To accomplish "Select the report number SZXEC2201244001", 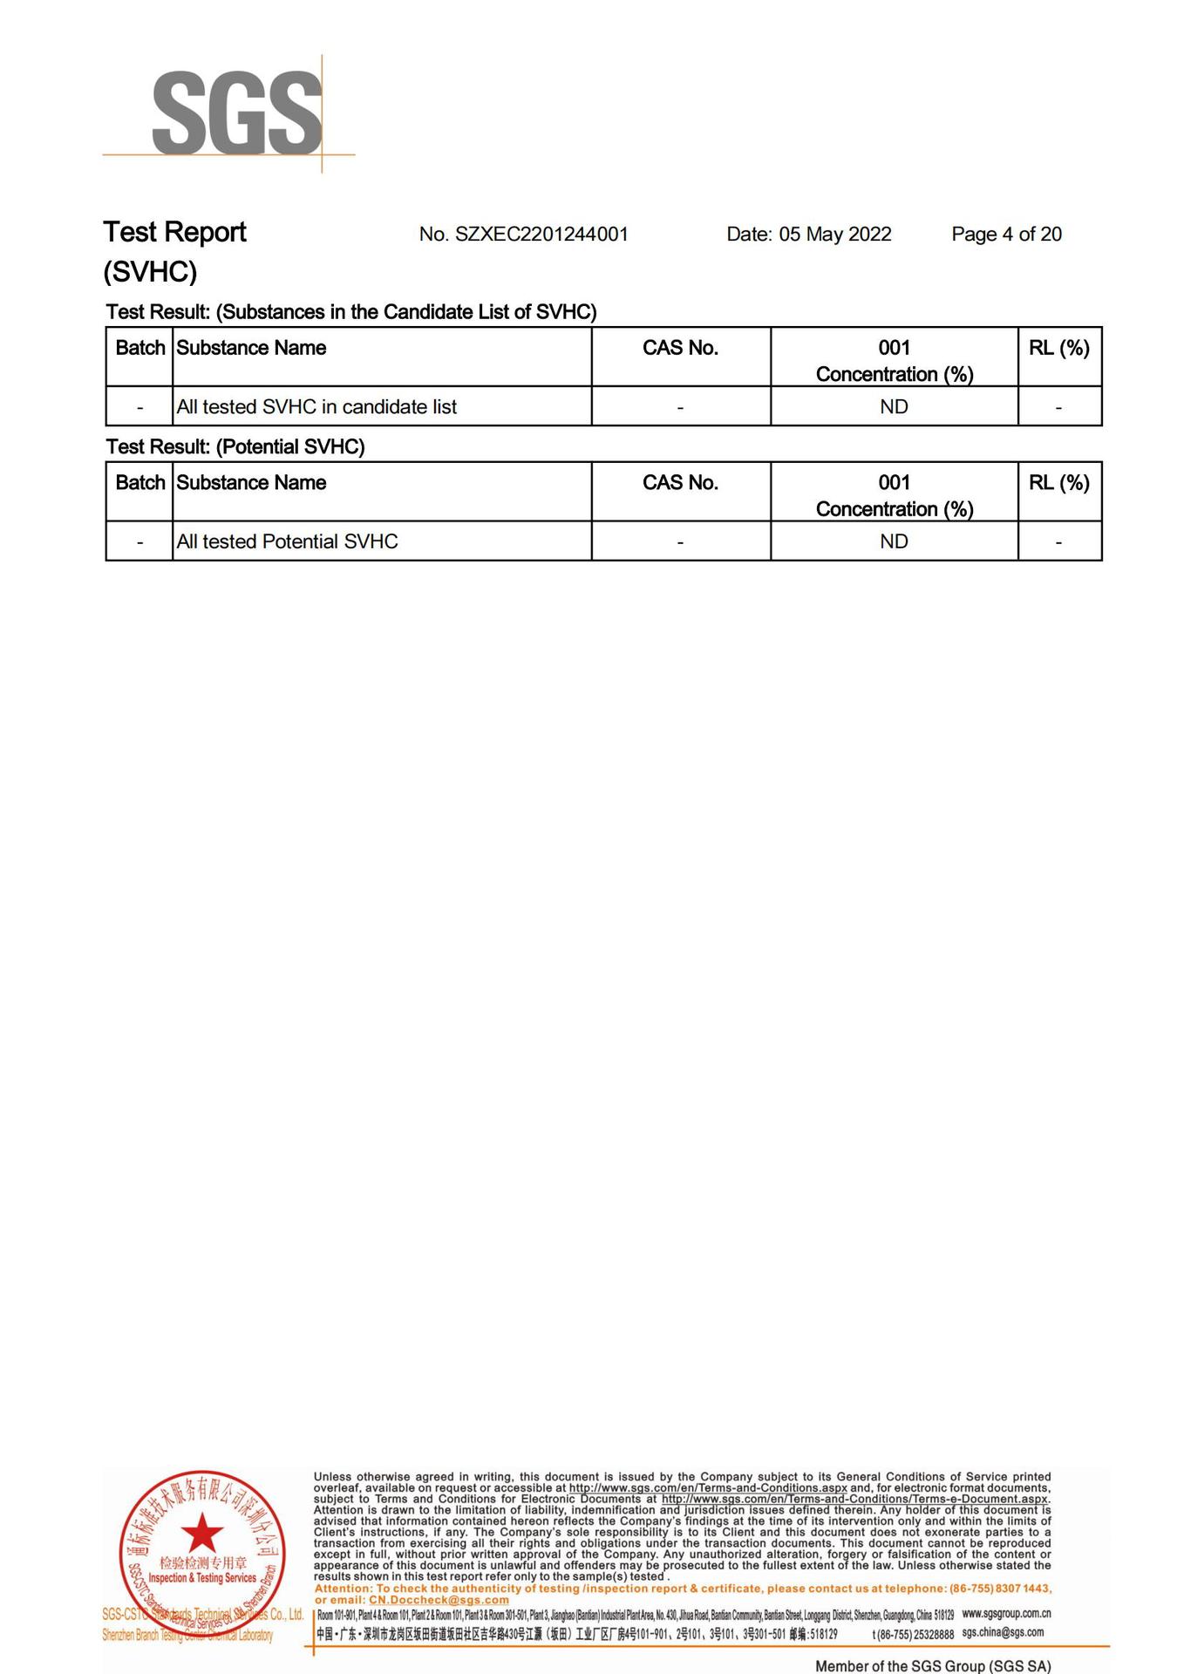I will coord(541,234).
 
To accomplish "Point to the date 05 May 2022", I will coord(834,234).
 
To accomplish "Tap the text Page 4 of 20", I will coord(1006,234).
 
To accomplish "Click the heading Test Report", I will coord(174,232).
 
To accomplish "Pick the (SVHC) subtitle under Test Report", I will coord(150,272).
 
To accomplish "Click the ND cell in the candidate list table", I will coord(894,406).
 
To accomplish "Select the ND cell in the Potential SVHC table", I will coord(894,541).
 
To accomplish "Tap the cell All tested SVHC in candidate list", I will coord(316,406).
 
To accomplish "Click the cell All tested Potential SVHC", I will coord(287,541).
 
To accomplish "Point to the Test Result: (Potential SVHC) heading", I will coord(235,446).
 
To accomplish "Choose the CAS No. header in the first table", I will coord(680,348).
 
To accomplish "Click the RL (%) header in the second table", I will coord(1058,483).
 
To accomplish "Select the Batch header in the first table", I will coord(139,348).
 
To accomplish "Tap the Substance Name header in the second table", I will coord(251,483).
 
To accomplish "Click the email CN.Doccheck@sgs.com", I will coord(439,1600).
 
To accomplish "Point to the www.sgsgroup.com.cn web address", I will coord(1006,1614).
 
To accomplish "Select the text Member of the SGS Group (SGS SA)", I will coord(933,1666).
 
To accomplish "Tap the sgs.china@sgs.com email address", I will coord(1003,1632).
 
